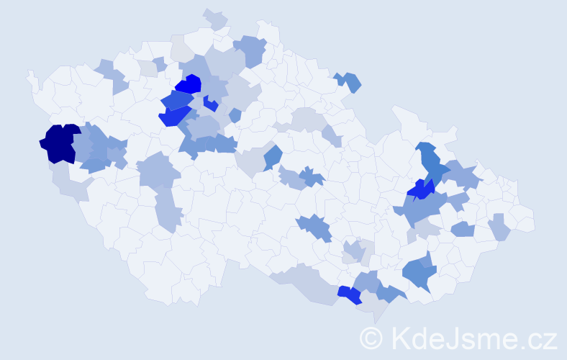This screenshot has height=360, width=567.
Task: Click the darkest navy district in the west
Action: tap(60, 143)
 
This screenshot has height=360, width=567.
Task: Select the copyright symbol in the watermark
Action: tap(372, 338)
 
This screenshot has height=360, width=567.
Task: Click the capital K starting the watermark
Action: tap(402, 338)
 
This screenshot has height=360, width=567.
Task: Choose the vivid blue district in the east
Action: tap(420, 190)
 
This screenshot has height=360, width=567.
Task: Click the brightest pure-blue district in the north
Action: tap(189, 85)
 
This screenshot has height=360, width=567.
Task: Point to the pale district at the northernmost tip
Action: tap(215, 18)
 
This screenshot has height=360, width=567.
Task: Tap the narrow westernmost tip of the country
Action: tap(30, 74)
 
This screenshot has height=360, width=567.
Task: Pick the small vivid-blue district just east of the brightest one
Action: tap(210, 103)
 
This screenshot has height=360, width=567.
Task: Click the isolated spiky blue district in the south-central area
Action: tap(314, 228)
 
